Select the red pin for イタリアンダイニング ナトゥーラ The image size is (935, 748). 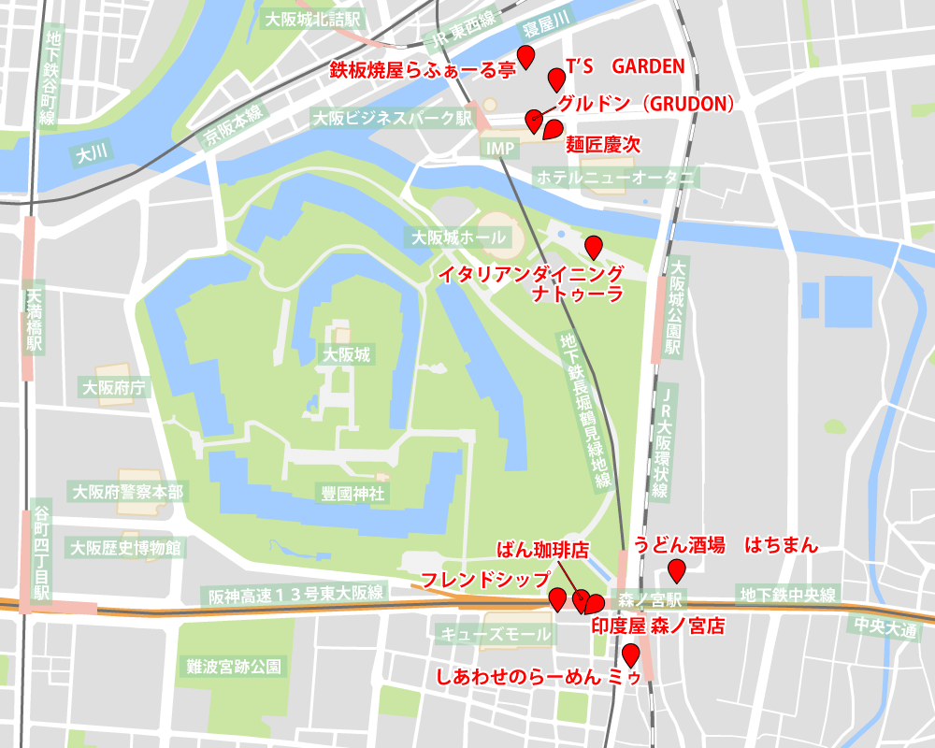pos(593,247)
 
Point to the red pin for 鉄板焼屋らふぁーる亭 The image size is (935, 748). pos(526,57)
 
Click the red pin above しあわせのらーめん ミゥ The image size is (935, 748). pos(631,654)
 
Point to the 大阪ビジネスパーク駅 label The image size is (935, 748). pos(392,119)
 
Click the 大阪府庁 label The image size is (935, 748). pos(116,387)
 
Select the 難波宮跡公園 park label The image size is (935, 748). pos(233,666)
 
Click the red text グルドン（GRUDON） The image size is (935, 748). pos(644,104)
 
